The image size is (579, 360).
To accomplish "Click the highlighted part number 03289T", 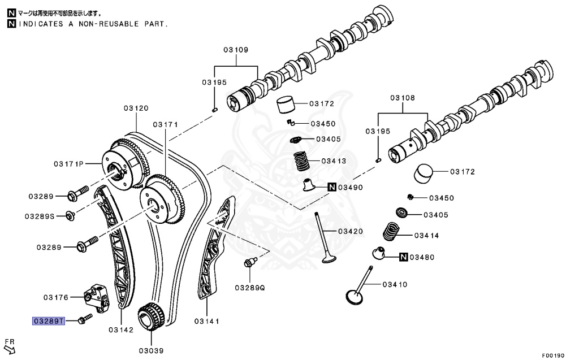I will tap(49, 321).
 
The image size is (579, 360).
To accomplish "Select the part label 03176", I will tap(55, 297).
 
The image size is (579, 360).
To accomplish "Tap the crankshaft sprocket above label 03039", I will tap(150, 316).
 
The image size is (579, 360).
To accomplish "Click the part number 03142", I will tap(121, 329).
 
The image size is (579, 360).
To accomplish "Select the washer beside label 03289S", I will tap(70, 215).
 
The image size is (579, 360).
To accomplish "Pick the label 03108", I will tap(402, 98).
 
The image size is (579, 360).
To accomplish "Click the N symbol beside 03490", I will tap(331, 187).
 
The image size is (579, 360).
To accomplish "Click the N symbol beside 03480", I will tap(403, 258).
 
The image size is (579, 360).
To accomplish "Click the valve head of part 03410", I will tap(355, 297).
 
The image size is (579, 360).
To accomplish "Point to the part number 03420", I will tap(351, 231).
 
